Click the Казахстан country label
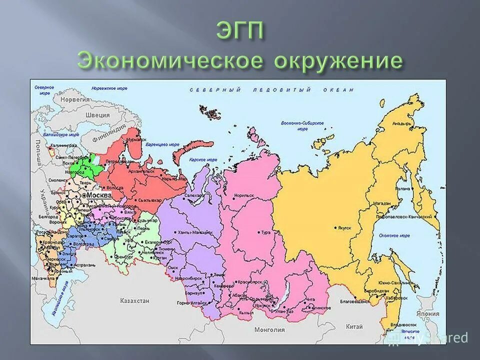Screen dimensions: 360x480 point(134,300)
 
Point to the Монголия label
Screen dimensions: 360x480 point(269,329)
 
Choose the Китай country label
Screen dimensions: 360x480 point(354,326)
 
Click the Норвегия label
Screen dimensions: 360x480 point(75,99)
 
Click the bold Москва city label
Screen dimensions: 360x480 point(98,195)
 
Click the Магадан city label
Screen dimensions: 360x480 point(381,204)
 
